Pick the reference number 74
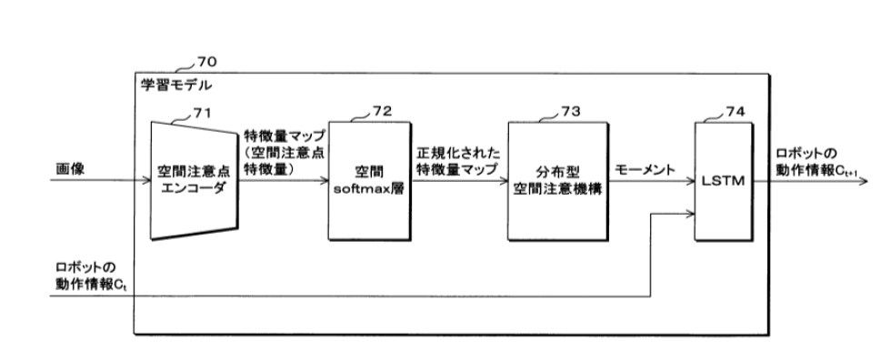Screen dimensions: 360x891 coord(735,112)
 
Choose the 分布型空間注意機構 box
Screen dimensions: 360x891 coord(557,179)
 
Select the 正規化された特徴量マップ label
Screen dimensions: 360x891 coord(456,162)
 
